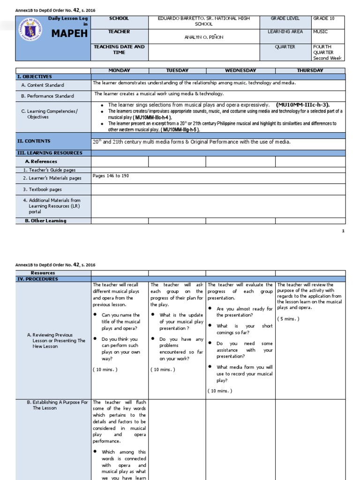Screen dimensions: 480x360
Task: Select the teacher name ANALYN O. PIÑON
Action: (203, 37)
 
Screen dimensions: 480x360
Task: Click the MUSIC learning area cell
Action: (321, 31)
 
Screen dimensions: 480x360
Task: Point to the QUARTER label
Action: (285, 47)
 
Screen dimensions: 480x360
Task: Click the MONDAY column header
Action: (119, 70)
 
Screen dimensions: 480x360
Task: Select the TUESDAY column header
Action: (177, 70)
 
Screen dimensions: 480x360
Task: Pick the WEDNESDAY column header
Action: (240, 70)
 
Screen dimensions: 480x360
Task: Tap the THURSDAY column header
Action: (310, 70)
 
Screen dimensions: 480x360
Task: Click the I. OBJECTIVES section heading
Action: (35, 76)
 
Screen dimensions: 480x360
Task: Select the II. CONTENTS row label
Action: (34, 141)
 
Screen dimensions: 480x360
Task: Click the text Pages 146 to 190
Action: (111, 176)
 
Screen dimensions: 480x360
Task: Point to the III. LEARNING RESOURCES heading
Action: (50, 153)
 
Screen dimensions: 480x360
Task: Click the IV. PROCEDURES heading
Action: (37, 279)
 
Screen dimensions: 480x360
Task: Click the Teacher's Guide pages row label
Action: (50, 170)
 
